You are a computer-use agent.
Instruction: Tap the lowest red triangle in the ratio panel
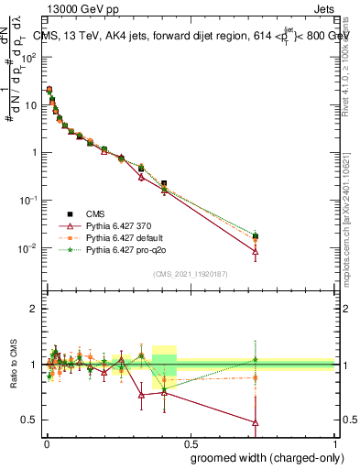(256, 422)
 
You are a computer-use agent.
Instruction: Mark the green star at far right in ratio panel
(256, 360)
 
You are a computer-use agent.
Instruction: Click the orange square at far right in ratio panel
(256, 377)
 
